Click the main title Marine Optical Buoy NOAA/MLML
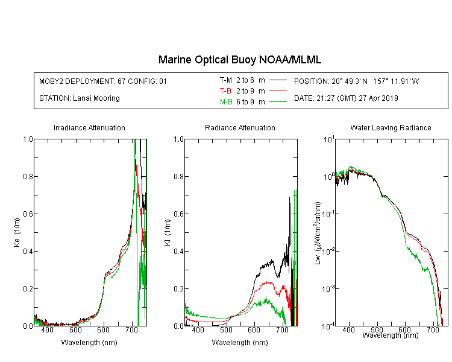point(239,60)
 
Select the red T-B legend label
point(225,91)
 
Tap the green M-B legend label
point(226,102)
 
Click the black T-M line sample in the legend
point(278,80)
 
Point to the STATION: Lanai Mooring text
point(80,98)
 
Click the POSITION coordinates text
point(356,81)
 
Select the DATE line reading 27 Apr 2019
point(346,98)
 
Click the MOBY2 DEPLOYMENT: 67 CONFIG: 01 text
point(103,81)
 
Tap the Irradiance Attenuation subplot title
point(89,127)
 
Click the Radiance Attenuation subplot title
point(240,127)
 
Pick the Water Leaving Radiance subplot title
point(391,127)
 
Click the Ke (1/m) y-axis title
point(17,232)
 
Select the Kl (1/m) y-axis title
point(168,232)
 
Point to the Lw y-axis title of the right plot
point(318,233)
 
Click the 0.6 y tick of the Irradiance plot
point(28,214)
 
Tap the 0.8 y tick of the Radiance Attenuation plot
point(179,176)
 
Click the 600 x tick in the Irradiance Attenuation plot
point(104,329)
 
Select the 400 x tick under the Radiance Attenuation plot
point(198,329)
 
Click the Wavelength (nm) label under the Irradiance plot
point(89,343)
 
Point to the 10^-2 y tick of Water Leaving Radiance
point(328,250)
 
